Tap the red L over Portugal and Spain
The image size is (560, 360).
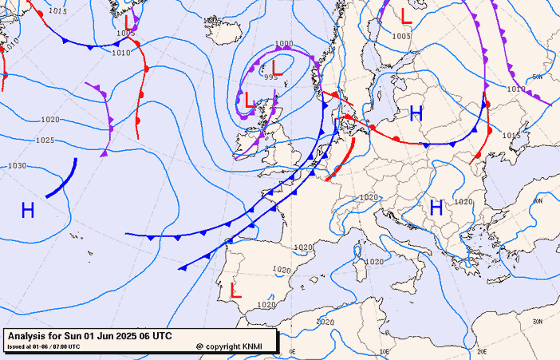pos(235,291)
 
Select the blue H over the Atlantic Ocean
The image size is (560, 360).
pos(28,211)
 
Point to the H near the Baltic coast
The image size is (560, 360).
pos(416,113)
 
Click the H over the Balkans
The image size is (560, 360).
pos(436,208)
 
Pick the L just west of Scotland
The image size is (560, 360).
pos(250,101)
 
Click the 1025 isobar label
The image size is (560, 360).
pos(45,140)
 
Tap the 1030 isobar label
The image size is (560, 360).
pos(17,166)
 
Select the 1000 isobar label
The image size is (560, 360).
pos(283,45)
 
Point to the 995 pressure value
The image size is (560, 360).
pos(271,77)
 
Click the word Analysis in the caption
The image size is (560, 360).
pos(30,336)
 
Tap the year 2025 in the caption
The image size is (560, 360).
pos(125,336)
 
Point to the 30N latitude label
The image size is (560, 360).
pos(537,321)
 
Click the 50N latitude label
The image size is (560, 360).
pos(537,77)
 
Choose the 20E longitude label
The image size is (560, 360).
pos(481,351)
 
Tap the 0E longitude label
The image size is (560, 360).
pos(292,351)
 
